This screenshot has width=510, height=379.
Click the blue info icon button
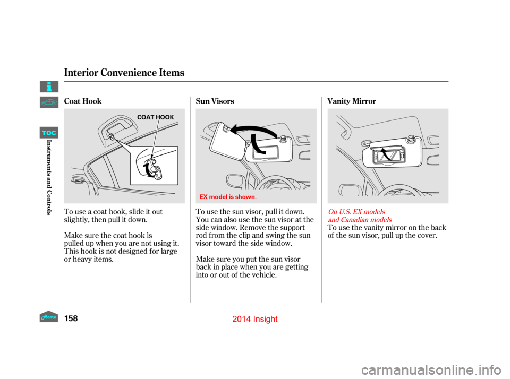tap(49, 87)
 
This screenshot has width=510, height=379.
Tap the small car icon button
tap(49, 102)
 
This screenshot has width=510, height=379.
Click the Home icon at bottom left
tap(49, 316)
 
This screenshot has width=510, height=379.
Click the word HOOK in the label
tap(166, 117)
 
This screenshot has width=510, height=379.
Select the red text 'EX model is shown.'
tap(228, 196)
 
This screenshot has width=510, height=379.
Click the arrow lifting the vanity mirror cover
tap(387, 154)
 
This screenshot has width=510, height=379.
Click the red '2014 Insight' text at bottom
tap(256, 319)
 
